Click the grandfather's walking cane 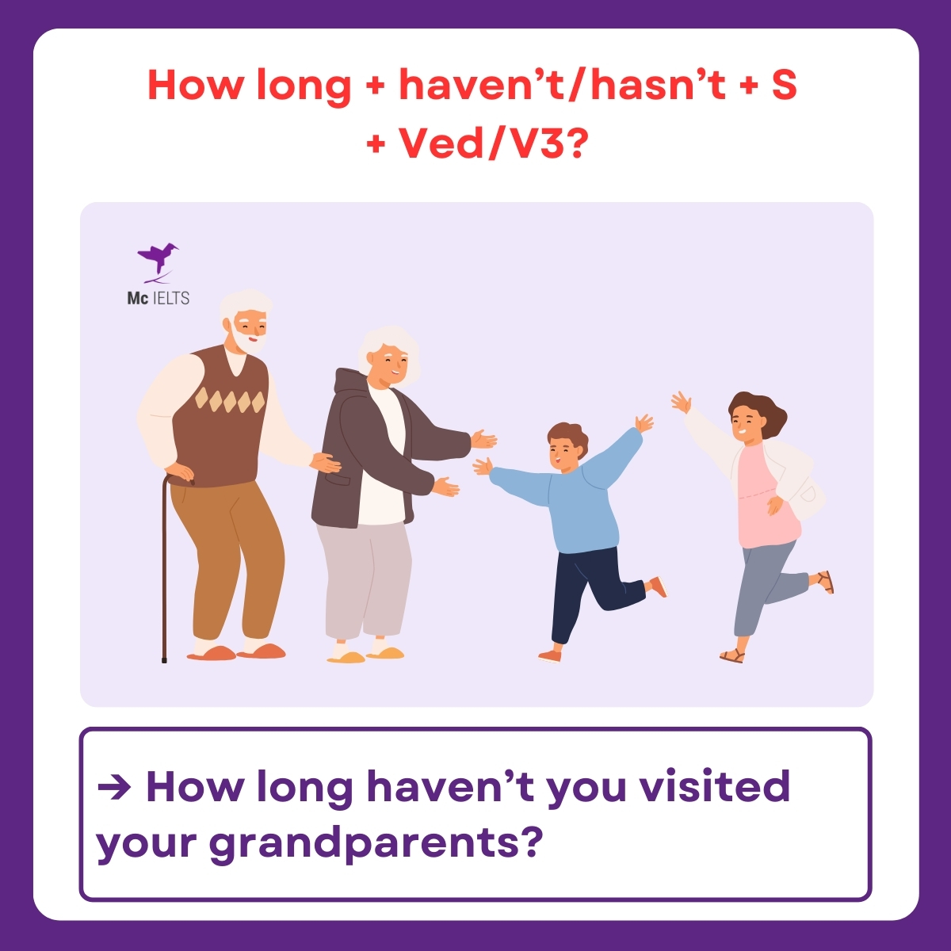pos(165,571)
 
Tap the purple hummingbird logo pos(157,260)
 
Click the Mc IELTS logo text pos(158,298)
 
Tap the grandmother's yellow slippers pos(369,655)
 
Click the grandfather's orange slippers pos(238,652)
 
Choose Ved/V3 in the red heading pos(483,143)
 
